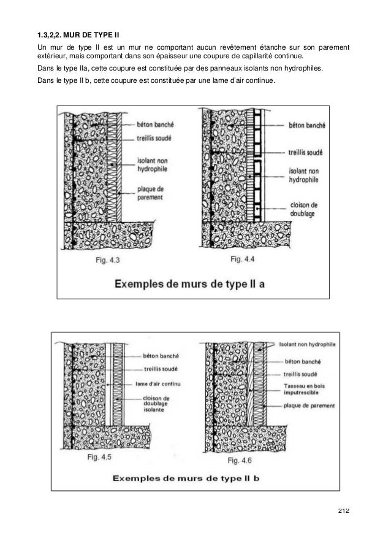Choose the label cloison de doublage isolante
click(157, 406)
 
